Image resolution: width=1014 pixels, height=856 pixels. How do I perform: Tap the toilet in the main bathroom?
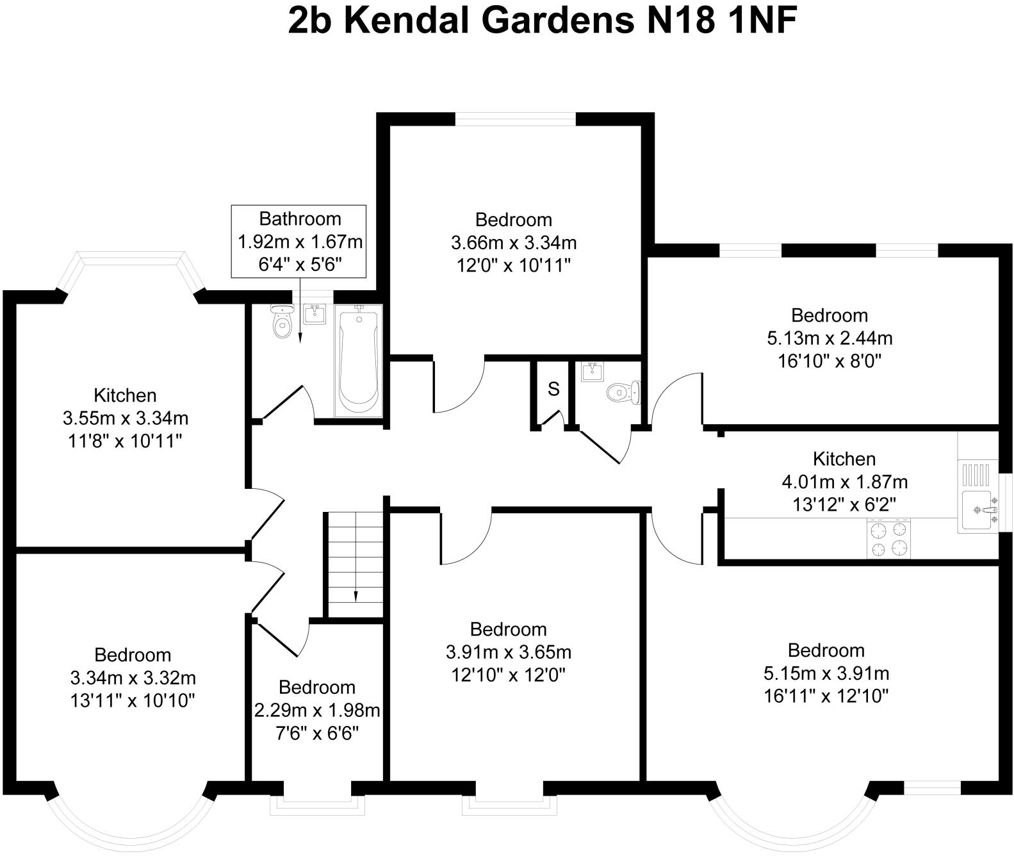coord(281,322)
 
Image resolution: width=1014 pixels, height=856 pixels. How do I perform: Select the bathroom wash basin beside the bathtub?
coord(314,315)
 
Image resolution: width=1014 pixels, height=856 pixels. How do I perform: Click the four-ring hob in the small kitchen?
coord(888,539)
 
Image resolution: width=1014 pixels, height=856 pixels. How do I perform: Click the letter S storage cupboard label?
coord(553,389)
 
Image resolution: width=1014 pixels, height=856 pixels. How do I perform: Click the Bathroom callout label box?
coord(299,242)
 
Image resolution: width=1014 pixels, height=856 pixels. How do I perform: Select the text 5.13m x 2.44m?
coord(830,338)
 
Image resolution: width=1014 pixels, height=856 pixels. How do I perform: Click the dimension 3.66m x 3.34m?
coord(514,243)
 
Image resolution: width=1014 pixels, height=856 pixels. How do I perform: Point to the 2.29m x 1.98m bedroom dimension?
coord(317,711)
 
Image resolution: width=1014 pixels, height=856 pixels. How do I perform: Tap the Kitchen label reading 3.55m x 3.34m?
coord(126,418)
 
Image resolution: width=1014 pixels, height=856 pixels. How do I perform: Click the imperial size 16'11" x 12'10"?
coord(826,696)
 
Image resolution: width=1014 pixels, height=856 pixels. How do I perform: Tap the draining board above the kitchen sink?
coord(977,475)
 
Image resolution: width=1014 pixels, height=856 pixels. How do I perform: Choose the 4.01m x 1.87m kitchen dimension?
coord(844,482)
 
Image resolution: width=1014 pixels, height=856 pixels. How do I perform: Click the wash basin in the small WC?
coord(591,371)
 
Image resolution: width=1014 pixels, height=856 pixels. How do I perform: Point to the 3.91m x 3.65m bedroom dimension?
coord(509,652)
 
